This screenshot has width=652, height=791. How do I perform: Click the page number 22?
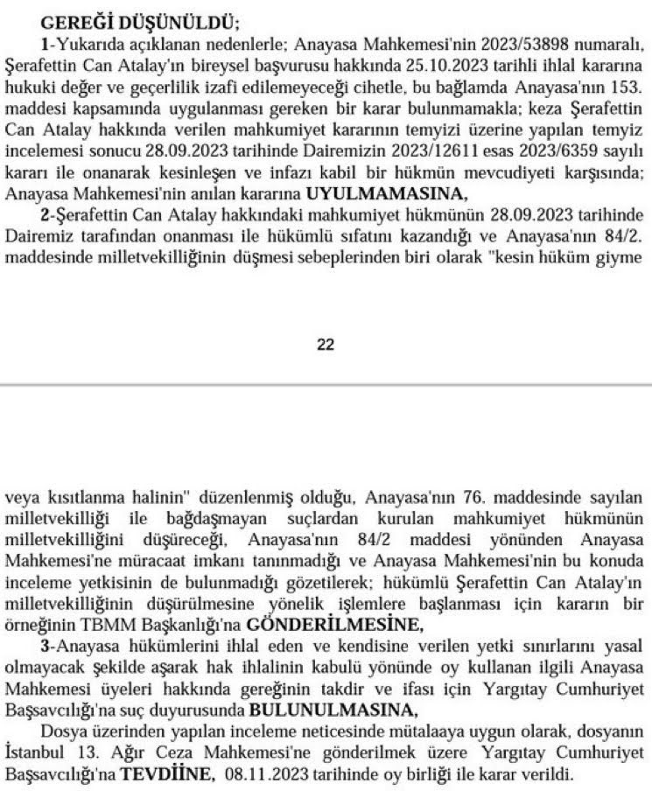326,344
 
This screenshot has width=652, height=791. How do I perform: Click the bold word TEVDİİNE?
167,773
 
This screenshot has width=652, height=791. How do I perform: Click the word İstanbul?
33,753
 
